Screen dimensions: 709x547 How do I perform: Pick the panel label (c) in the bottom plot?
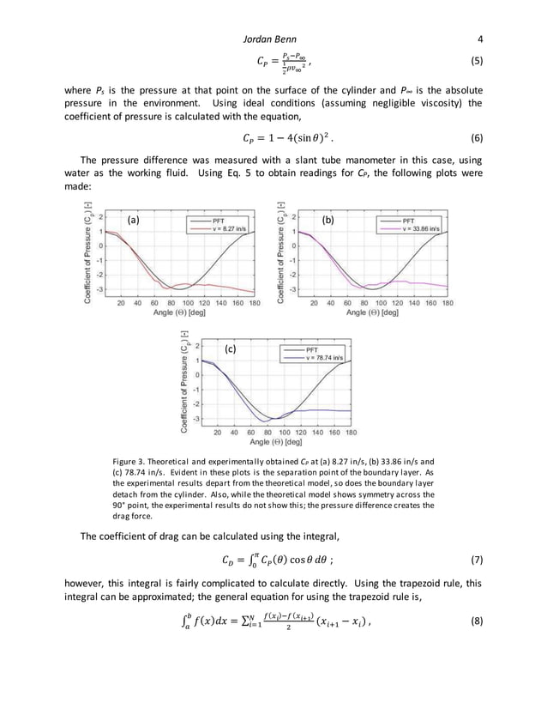click(x=230, y=349)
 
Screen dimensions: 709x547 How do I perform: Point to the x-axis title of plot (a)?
click(x=176, y=312)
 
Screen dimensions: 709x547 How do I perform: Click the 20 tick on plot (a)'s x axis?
click(x=119, y=303)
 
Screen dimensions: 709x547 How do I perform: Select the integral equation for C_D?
click(x=274, y=562)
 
